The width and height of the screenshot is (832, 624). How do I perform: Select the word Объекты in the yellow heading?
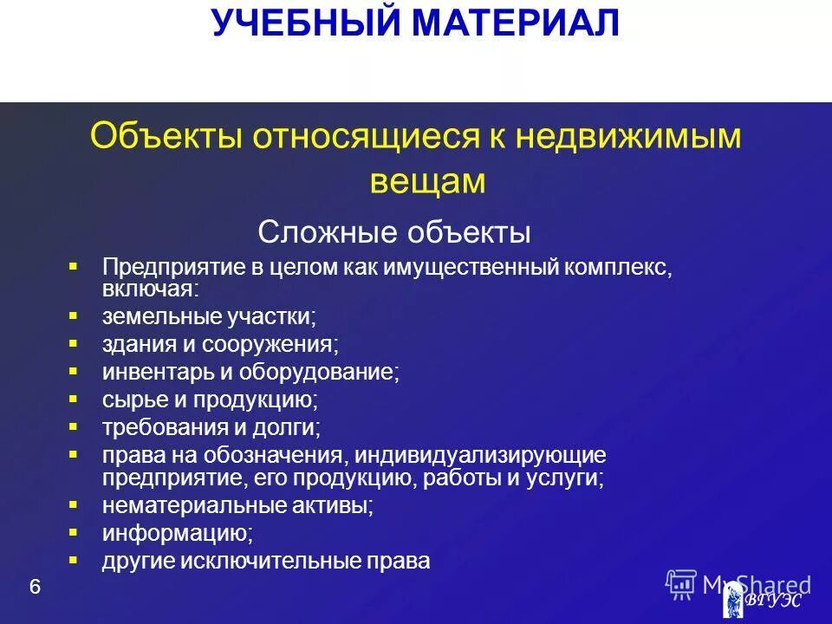166,137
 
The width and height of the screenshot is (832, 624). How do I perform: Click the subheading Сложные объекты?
394,232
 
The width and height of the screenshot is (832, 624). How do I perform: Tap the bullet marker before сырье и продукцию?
74,399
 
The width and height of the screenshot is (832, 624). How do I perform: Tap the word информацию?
178,532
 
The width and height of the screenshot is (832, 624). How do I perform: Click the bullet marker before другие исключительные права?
74,559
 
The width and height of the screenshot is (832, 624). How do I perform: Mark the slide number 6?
35,588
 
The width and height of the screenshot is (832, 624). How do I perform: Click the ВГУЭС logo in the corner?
763,599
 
